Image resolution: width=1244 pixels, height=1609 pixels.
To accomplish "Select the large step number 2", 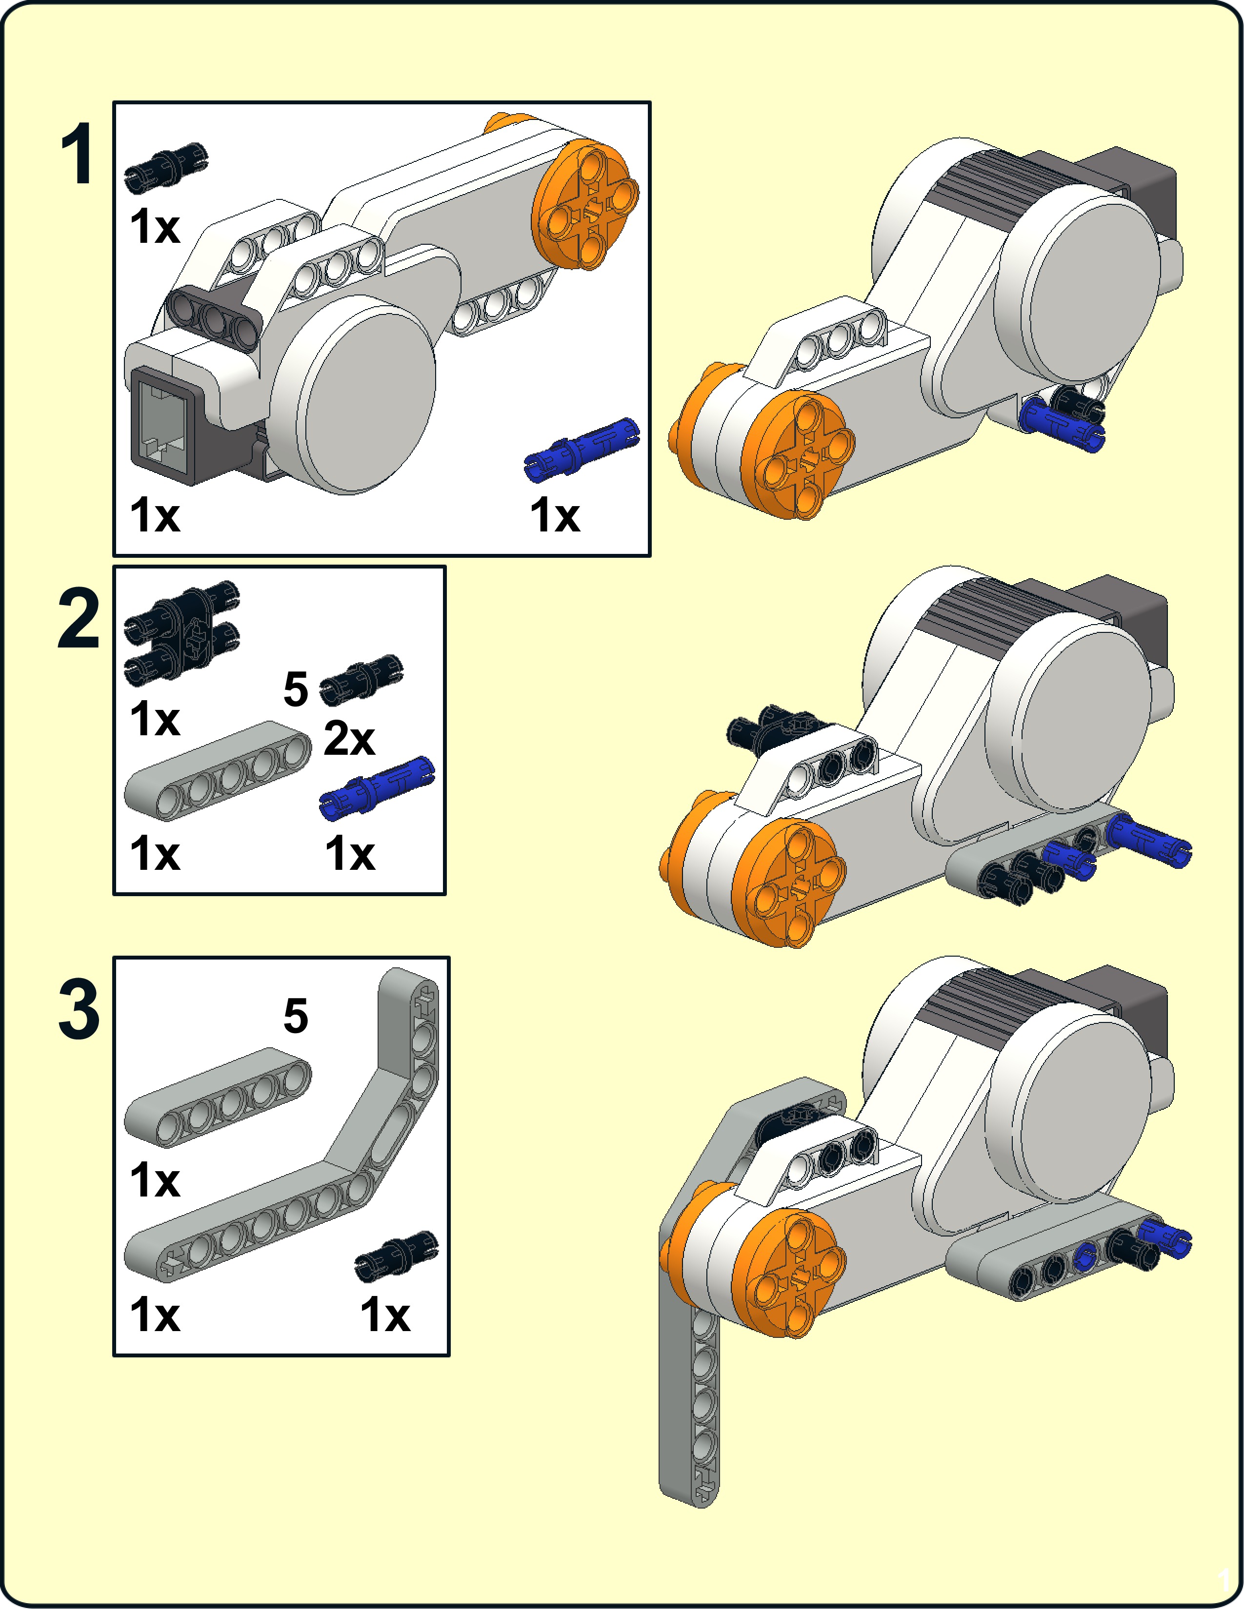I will click(x=78, y=619).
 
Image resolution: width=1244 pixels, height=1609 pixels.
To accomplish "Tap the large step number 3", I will click(x=78, y=1009).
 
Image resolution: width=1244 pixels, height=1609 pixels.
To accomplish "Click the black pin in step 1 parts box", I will click(x=166, y=168).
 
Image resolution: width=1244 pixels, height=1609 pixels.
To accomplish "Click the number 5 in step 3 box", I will click(x=296, y=1016).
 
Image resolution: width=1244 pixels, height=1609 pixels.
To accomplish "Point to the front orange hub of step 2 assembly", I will click(x=789, y=884).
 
